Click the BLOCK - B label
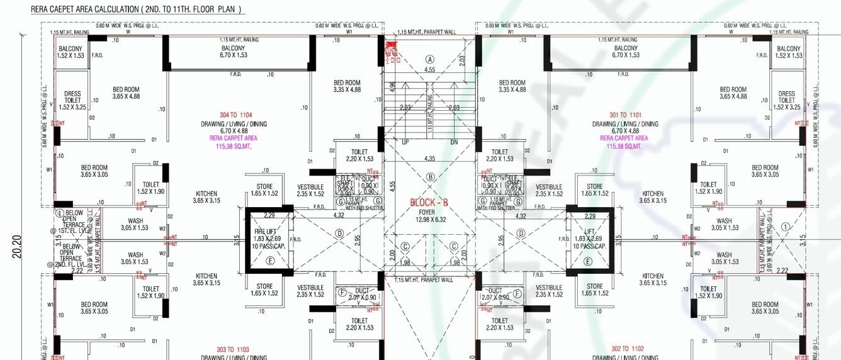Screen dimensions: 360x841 pos(429,203)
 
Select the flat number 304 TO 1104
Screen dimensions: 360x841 pos(236,115)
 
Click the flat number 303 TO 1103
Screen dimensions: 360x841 pos(233,349)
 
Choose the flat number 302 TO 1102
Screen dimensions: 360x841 pos(627,349)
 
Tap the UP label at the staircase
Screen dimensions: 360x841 pos(405,142)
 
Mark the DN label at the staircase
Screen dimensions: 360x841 pos(454,142)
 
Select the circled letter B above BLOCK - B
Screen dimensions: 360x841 pos(431,177)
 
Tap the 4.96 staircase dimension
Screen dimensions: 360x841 pos(392,86)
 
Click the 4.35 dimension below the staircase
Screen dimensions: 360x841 pos(430,158)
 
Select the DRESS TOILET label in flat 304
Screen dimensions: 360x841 pos(72,97)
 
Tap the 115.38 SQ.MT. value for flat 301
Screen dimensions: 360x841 pos(624,146)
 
